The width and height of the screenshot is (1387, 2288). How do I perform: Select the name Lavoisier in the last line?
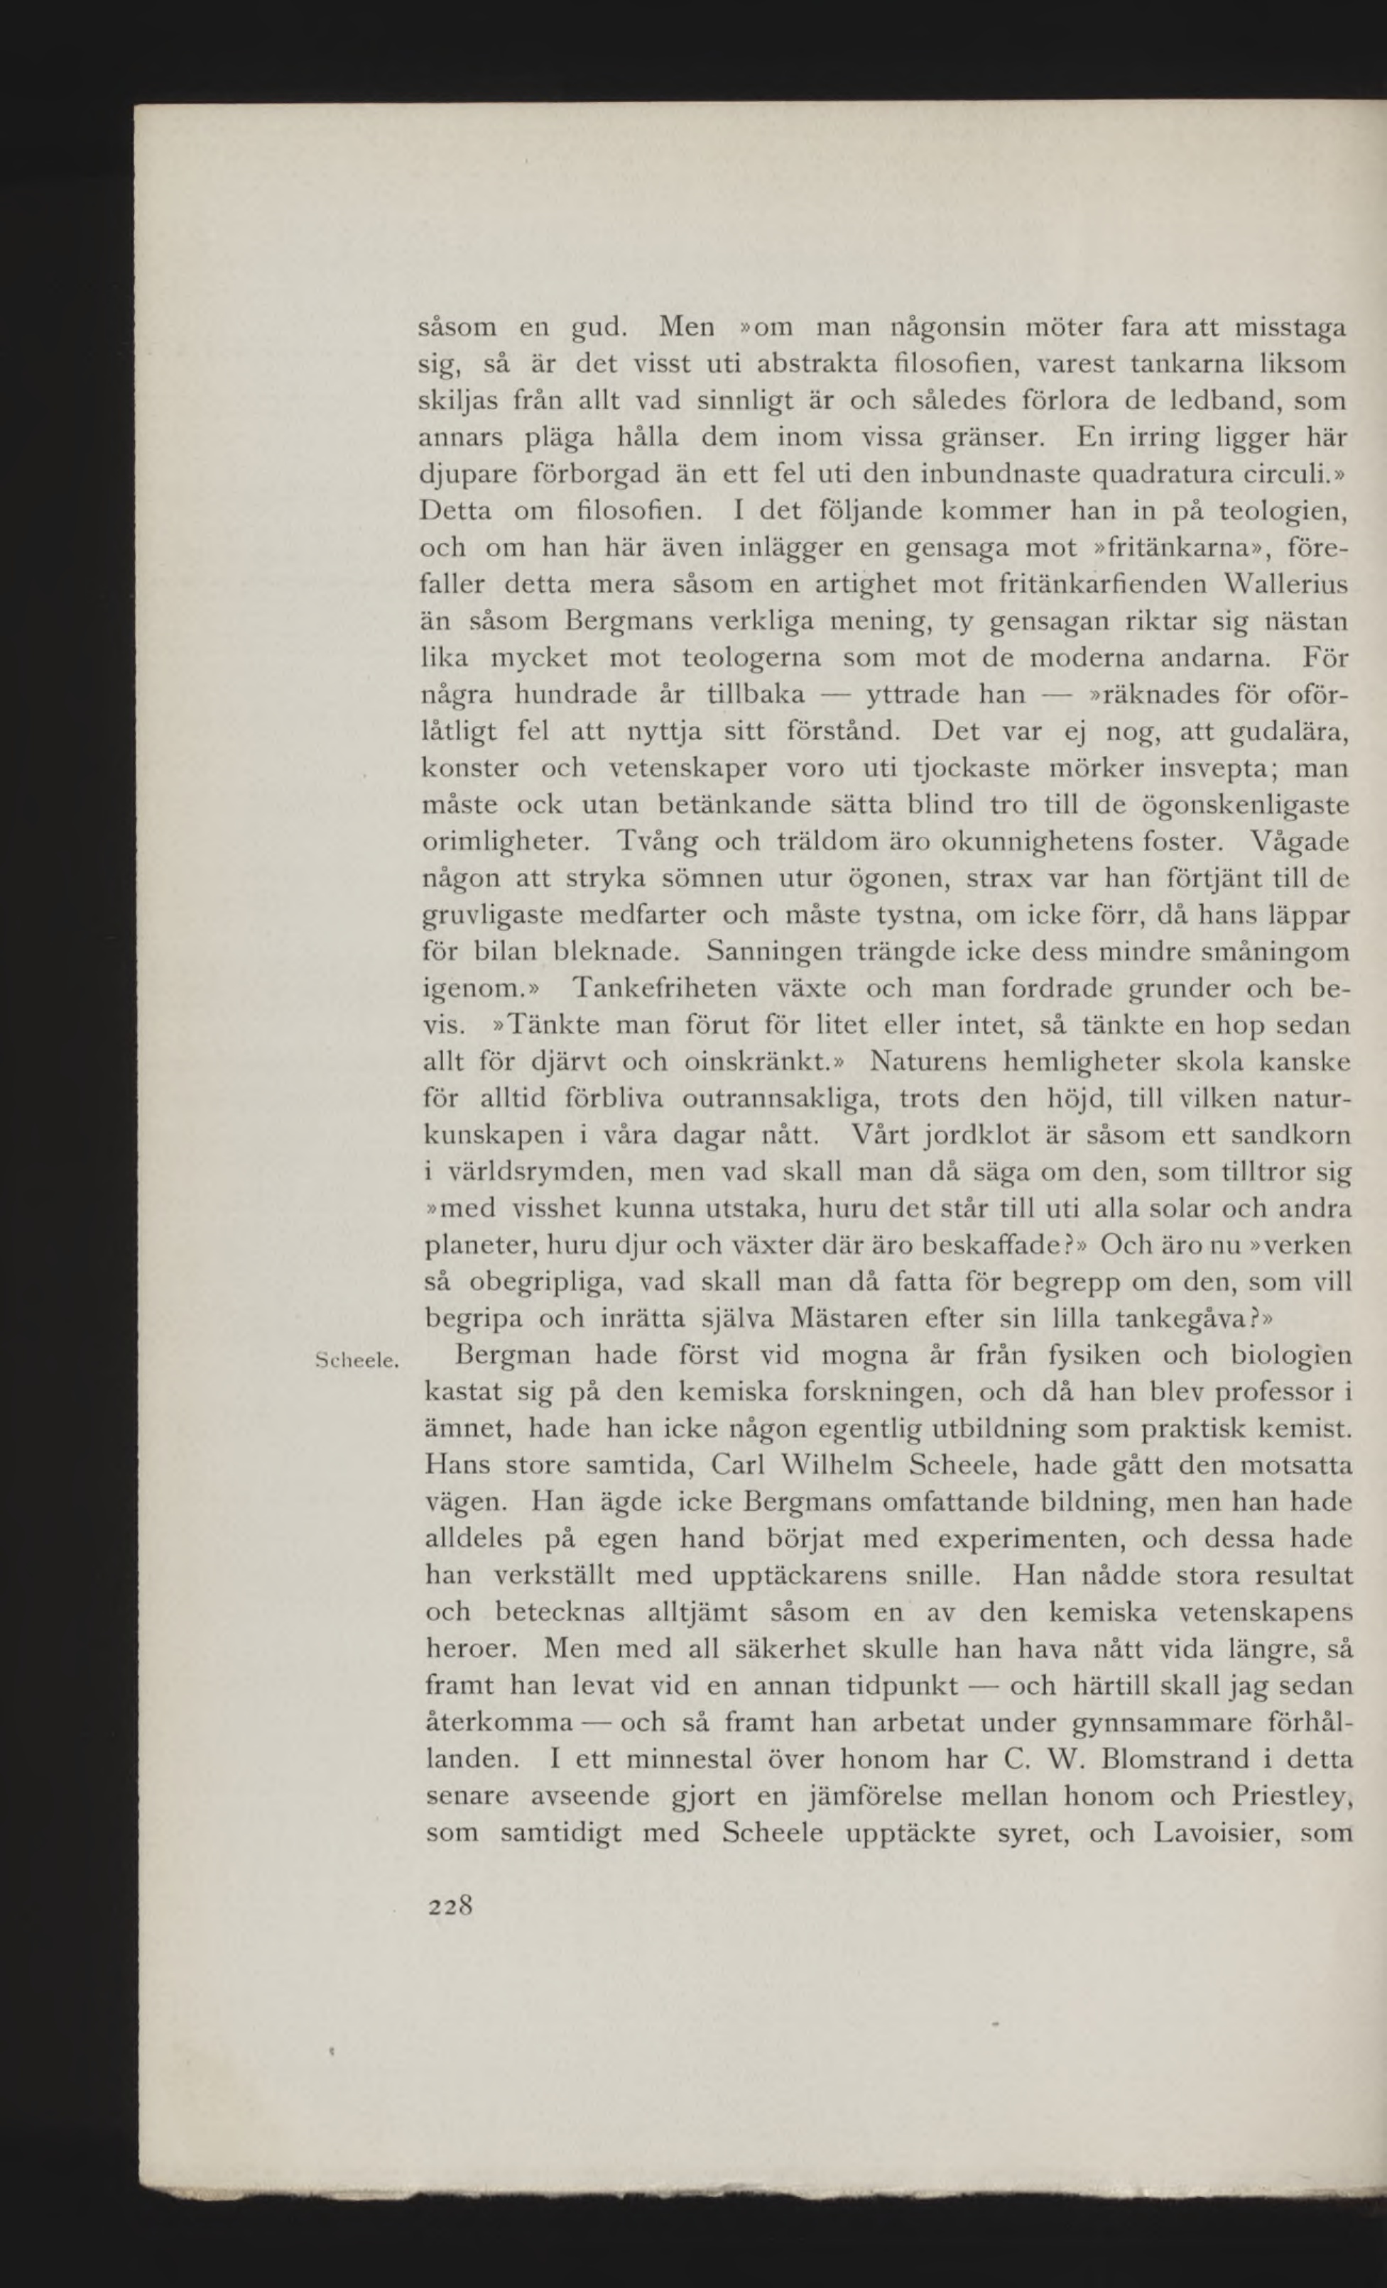coord(1214,1834)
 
